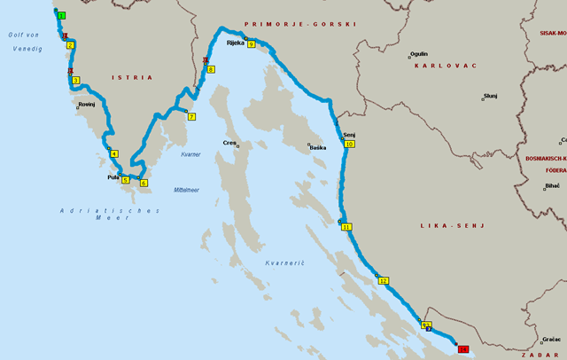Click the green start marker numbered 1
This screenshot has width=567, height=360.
pos(61,16)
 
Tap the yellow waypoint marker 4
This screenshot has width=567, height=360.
pos(114,153)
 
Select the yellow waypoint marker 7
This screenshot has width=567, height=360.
pos(191,116)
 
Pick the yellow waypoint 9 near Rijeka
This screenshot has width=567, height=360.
pos(252,43)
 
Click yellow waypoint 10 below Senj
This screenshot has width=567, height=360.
pos(349,144)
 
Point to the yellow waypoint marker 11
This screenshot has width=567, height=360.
pos(346,227)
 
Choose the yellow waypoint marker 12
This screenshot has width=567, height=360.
pos(384,280)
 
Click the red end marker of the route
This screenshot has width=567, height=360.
pos(462,349)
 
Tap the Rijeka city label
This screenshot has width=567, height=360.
pos(235,43)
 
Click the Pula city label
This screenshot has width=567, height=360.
pos(113,177)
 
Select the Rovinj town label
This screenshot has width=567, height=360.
pos(87,105)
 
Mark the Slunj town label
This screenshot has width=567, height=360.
pos(490,96)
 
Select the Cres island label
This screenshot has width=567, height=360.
pos(231,143)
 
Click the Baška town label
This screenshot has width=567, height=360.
pos(317,148)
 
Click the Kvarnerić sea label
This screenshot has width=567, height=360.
pos(283,263)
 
